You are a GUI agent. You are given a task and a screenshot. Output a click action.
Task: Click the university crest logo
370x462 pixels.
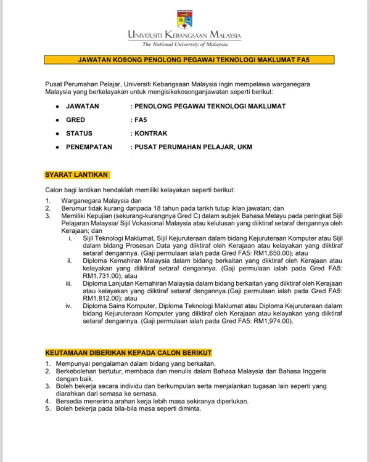tap(184, 19)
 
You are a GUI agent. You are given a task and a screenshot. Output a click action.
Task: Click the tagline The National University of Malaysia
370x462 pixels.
tap(185, 44)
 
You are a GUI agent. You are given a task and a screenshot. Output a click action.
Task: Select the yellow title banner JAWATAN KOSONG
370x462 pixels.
tap(189, 60)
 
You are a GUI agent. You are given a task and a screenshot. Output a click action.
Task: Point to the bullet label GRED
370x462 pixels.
tap(75, 120)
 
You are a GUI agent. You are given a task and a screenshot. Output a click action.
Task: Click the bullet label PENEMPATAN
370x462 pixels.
tap(89, 147)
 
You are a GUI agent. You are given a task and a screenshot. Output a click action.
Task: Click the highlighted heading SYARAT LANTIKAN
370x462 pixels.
tap(77, 175)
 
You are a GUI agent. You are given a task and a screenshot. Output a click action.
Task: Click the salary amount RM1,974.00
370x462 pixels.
tap(269, 321)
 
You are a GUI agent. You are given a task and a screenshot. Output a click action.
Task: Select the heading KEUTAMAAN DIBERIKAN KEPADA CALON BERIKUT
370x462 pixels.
tap(129, 353)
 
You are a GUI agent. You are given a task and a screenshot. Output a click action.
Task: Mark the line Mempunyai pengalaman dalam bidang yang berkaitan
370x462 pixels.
tap(136, 364)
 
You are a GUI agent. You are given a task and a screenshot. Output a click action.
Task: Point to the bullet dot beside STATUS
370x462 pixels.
tap(57, 134)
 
